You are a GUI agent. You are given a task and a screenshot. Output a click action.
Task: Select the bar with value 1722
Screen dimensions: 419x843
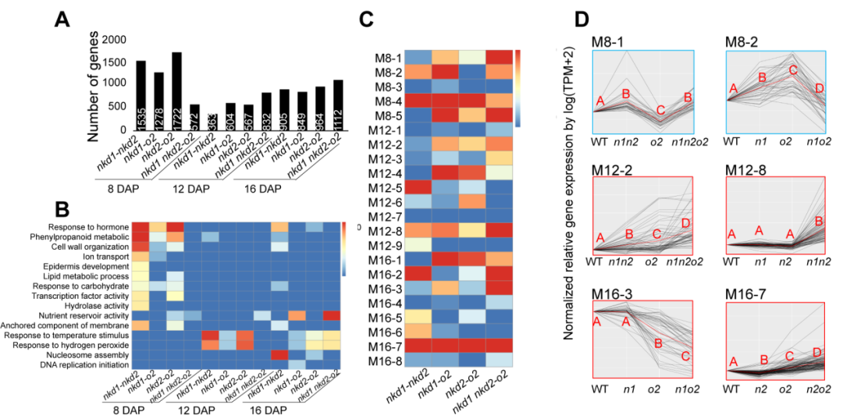pyautogui.click(x=176, y=91)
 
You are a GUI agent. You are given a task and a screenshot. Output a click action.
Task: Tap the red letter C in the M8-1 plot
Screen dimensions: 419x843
pyautogui.click(x=660, y=110)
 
